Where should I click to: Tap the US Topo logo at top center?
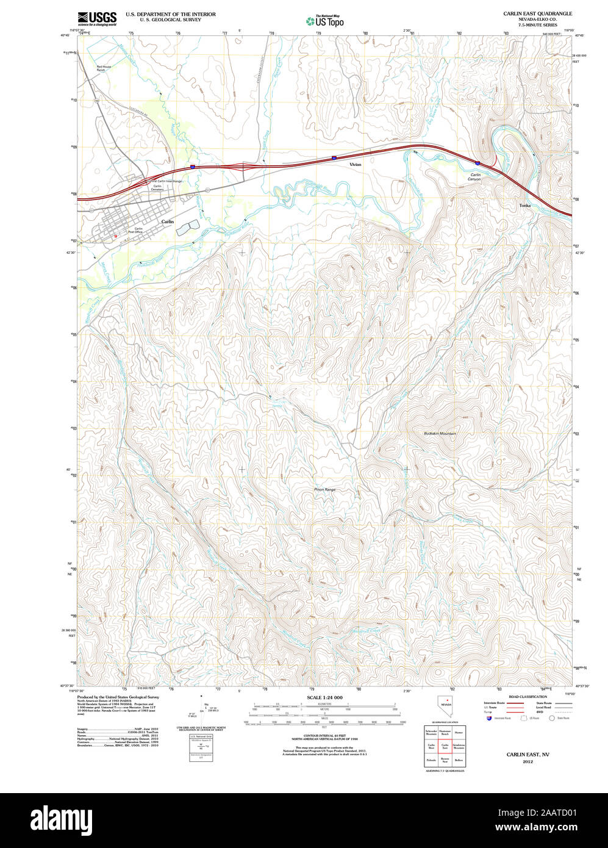tap(325, 21)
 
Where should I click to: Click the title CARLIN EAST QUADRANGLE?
tap(537, 13)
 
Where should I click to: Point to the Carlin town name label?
tap(167, 222)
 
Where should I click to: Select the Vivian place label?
tap(355, 165)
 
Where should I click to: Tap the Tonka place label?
tap(524, 206)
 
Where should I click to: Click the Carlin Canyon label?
tap(474, 177)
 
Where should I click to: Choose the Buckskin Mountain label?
tap(440, 433)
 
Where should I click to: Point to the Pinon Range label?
tap(325, 490)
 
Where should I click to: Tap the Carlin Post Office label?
tap(134, 230)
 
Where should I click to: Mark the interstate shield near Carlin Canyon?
tap(476, 163)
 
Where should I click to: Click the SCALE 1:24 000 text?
tap(324, 697)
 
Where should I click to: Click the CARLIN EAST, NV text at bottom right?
tap(528, 755)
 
